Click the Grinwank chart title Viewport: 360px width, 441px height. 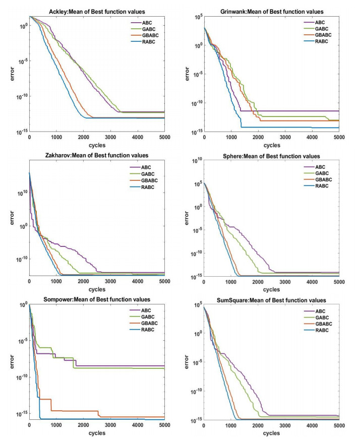[271, 12]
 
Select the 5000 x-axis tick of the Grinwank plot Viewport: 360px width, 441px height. [339, 138]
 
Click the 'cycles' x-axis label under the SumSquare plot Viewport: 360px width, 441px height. [271, 433]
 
